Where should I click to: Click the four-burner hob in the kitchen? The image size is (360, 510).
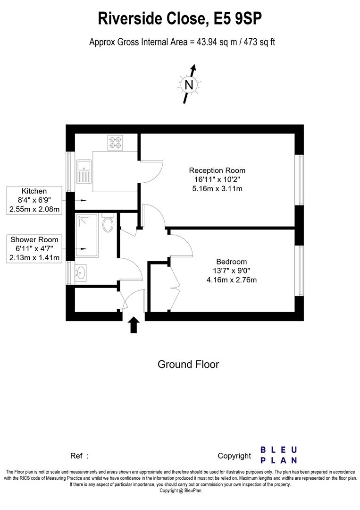point(115,143)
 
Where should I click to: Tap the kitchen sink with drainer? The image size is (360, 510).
point(84,171)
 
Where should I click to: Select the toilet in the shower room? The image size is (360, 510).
point(108,222)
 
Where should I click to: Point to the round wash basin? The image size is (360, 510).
point(81,272)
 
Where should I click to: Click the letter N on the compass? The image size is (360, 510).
point(189,85)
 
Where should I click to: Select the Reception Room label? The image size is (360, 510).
point(217,170)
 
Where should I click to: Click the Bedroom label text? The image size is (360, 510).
point(231,262)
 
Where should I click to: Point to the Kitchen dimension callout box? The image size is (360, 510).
point(34,200)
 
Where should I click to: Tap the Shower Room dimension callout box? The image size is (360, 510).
point(34,249)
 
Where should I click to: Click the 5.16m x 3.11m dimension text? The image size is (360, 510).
point(217,188)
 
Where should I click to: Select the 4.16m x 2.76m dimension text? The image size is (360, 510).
point(231,280)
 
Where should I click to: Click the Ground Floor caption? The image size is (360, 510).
point(188,364)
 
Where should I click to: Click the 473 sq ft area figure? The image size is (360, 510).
point(260,42)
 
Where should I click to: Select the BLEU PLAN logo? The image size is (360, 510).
point(279,455)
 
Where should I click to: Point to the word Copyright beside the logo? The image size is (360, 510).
point(234,456)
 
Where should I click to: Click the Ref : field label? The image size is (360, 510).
point(79,456)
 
